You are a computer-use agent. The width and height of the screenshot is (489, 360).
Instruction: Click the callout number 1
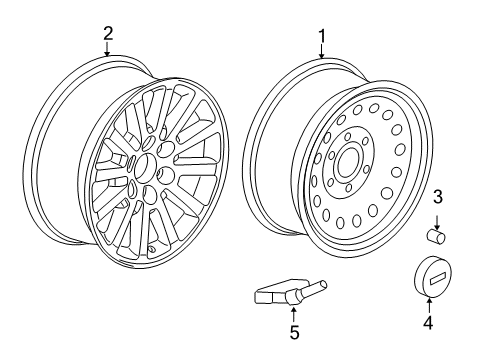pos(321,37)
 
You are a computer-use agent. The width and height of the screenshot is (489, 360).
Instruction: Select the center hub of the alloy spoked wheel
pos(146,168)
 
